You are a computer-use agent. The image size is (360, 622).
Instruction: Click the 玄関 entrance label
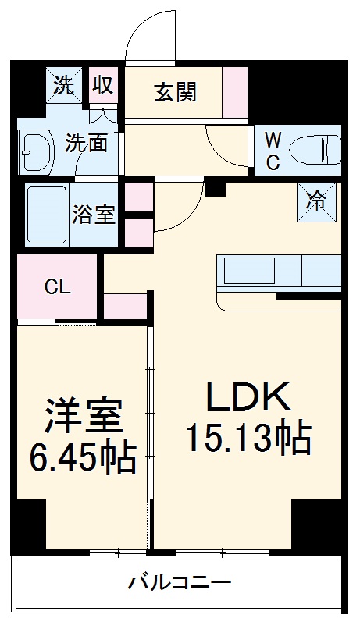click(x=176, y=92)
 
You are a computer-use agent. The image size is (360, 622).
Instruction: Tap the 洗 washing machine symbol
click(x=66, y=85)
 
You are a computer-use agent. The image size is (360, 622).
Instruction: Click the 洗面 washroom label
click(x=86, y=144)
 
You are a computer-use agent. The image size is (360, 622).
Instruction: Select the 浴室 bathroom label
click(x=94, y=215)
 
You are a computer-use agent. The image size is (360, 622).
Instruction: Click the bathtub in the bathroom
click(x=48, y=215)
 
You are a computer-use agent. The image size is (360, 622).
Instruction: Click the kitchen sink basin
click(x=250, y=272)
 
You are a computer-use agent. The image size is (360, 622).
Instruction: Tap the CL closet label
click(x=57, y=286)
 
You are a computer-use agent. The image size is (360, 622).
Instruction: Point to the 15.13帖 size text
click(x=248, y=439)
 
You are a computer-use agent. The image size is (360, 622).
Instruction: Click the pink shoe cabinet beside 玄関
click(x=234, y=92)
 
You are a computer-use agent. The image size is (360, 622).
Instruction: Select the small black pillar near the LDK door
click(x=214, y=187)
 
